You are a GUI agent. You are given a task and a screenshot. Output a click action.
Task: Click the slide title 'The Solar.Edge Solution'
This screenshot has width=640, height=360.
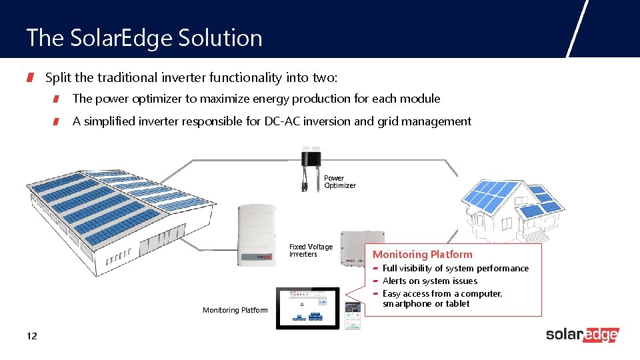[x=144, y=38]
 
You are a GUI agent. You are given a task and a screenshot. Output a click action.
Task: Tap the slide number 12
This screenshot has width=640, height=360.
[x=31, y=336]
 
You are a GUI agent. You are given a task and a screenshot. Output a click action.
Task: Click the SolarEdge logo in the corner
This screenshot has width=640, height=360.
[x=582, y=335]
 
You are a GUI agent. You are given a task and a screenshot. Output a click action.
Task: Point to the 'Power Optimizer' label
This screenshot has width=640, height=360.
[x=339, y=182]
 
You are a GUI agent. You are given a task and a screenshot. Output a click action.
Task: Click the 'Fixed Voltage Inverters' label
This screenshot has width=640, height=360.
[x=310, y=251]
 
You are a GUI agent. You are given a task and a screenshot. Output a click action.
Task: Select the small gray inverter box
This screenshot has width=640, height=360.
[x=361, y=248]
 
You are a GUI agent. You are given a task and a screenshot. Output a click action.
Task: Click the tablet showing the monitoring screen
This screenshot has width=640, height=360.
[x=307, y=308]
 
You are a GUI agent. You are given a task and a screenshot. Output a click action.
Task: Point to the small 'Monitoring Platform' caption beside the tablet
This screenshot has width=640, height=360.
[x=235, y=310]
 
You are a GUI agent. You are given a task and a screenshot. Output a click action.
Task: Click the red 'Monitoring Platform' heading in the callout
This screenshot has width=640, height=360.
[x=422, y=255]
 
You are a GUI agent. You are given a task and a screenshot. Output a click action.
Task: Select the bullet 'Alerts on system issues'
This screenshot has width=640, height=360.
[x=429, y=281]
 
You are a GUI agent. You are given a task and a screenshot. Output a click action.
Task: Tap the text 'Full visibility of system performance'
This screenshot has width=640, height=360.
[x=455, y=268]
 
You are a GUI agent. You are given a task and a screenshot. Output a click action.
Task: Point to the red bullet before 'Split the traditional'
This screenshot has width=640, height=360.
[x=30, y=79]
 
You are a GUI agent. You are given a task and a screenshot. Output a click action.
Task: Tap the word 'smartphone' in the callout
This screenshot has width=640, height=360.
[x=407, y=304]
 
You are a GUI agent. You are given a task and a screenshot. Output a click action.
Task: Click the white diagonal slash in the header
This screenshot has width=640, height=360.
[x=577, y=28]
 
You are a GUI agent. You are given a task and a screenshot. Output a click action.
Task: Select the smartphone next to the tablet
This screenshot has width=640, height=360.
[x=352, y=315]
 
